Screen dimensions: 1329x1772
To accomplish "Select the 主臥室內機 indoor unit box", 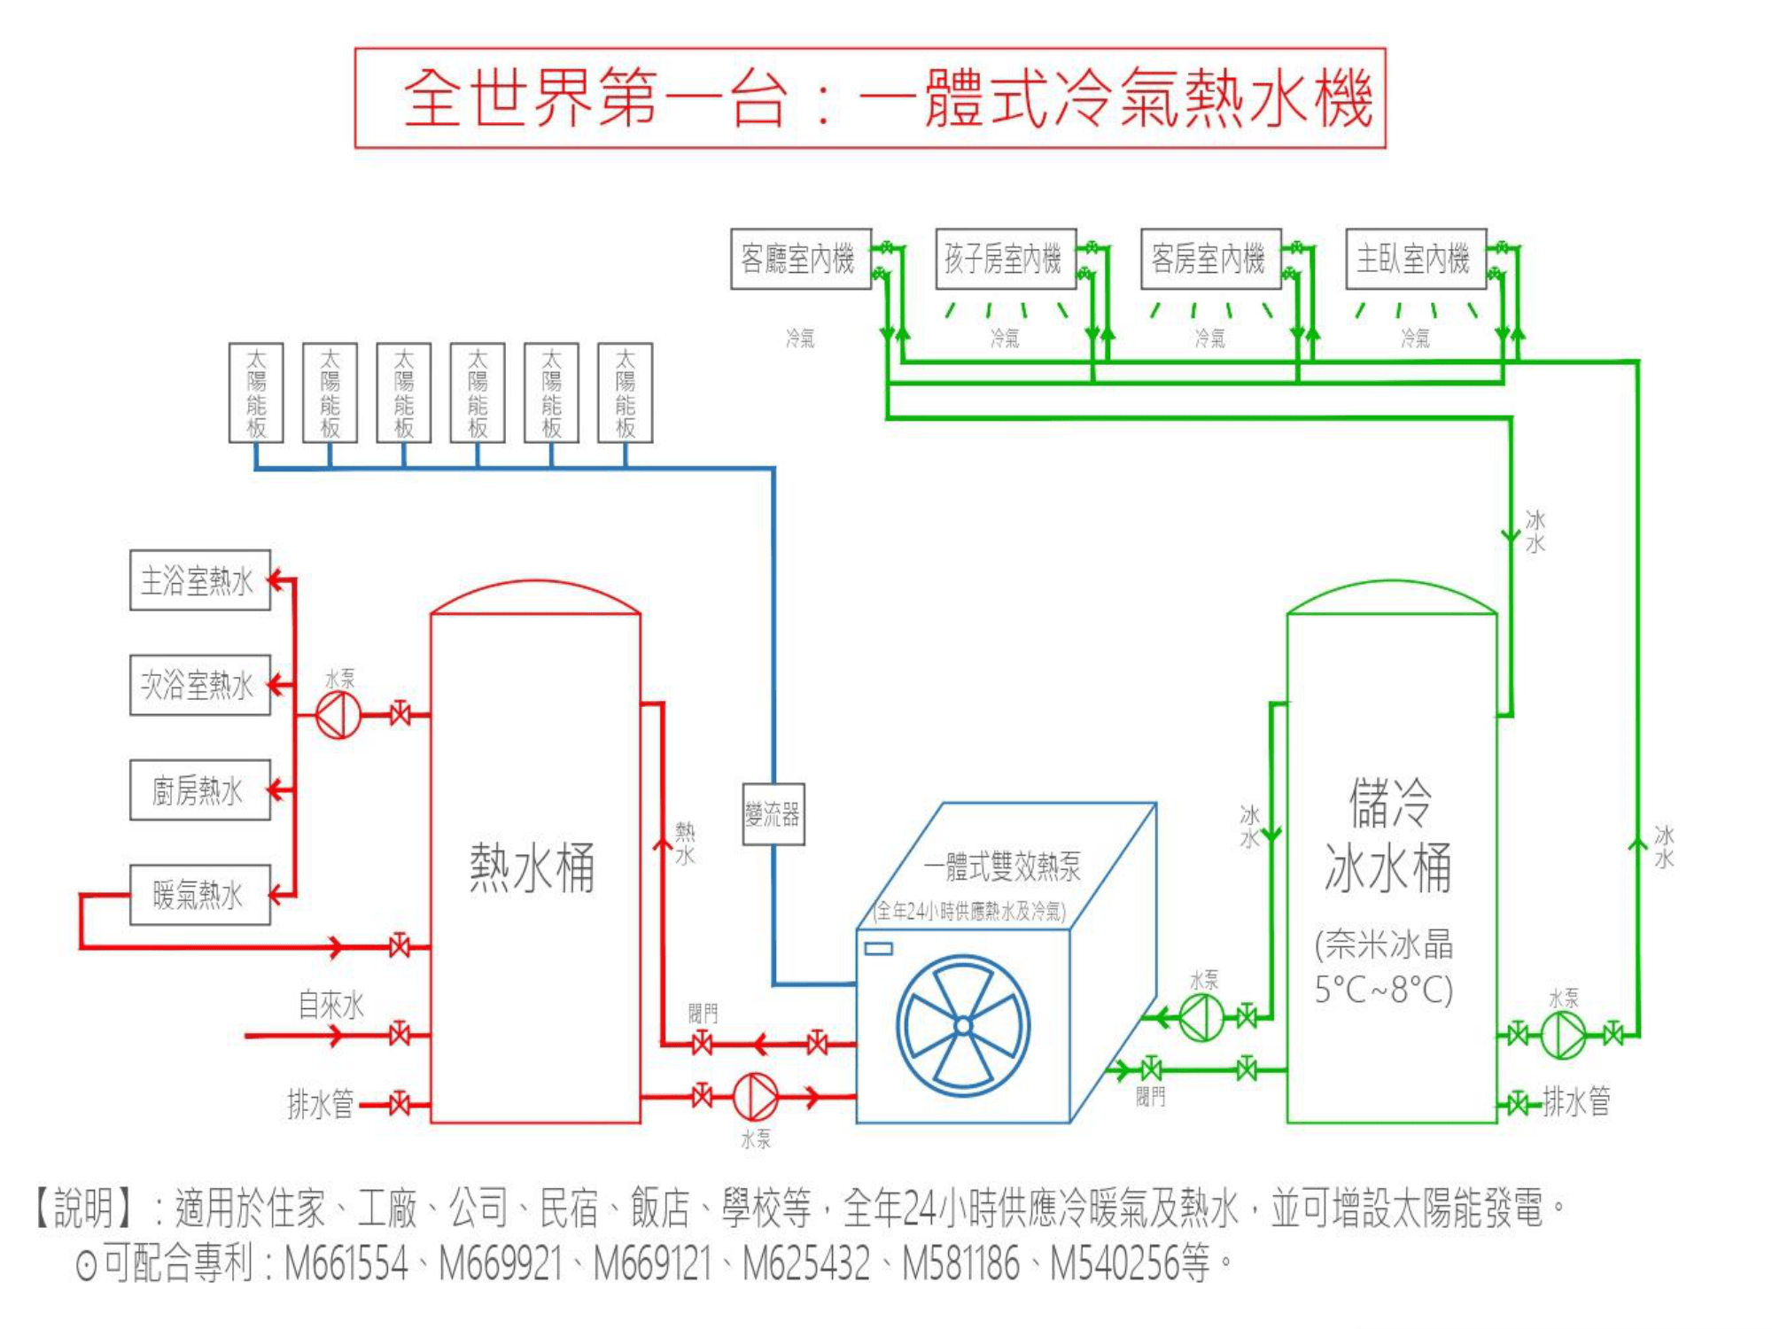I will [1415, 259].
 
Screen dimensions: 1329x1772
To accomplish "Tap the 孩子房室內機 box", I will [1005, 259].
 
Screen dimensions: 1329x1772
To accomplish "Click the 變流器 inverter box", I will [773, 813].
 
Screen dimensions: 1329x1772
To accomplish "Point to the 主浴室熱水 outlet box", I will [199, 580].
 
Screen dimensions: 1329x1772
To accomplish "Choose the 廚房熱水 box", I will [199, 789].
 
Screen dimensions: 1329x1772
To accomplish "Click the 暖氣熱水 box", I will [199, 895].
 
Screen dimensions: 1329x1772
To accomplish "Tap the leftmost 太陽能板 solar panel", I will [256, 392].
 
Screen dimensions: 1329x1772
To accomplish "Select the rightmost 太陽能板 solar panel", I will [626, 392].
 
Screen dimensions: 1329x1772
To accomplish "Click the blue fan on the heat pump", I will [963, 1026].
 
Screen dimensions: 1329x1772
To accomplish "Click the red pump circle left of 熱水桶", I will [338, 714].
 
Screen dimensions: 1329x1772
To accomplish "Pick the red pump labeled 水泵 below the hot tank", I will [755, 1097].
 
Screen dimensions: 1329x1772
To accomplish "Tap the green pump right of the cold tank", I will [1564, 1034].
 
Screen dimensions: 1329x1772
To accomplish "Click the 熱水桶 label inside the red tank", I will [532, 868].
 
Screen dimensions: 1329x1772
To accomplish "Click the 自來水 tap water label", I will [330, 1005].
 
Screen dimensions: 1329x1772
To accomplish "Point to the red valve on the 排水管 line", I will [400, 1104].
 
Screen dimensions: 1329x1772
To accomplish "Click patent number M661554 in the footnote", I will [346, 1263].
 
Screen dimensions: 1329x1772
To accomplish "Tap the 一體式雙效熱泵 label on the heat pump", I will [1002, 867].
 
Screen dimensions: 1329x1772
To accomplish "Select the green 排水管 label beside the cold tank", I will [1576, 1101].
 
